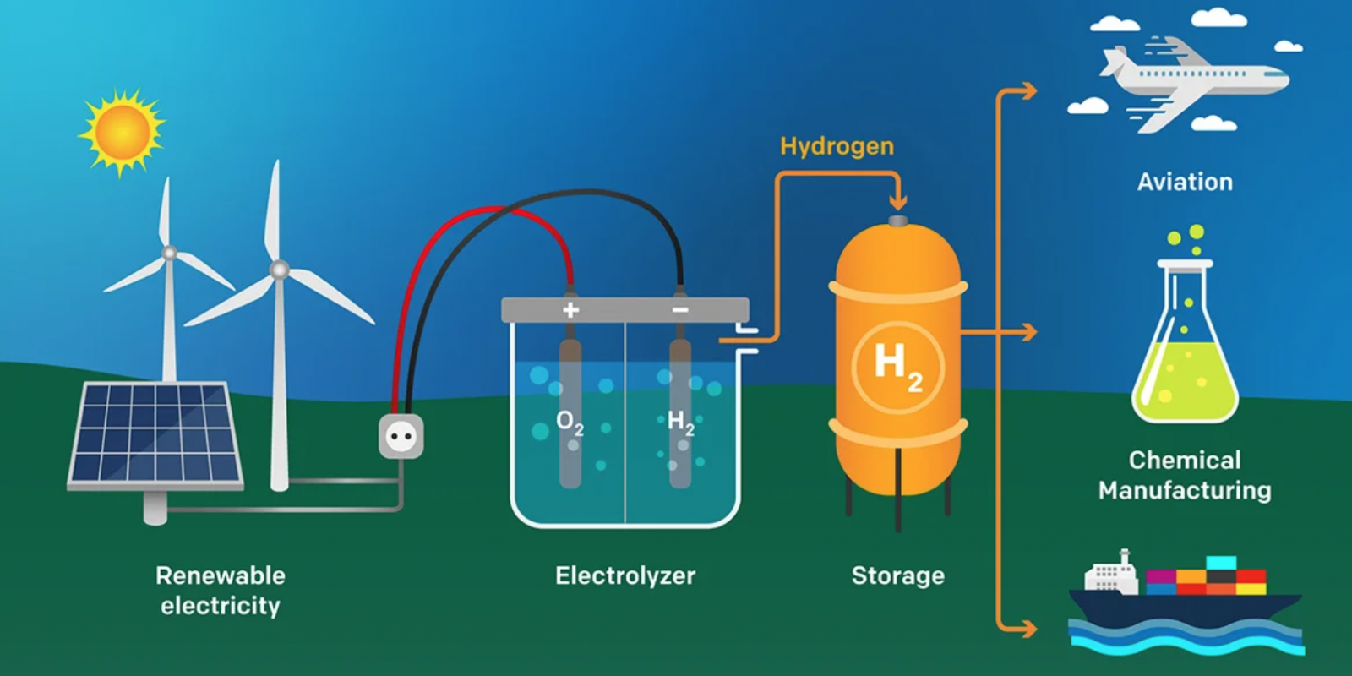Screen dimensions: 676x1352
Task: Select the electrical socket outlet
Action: pos(401,436)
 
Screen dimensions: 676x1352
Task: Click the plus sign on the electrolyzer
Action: pos(571,310)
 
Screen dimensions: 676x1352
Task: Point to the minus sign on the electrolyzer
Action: pos(680,310)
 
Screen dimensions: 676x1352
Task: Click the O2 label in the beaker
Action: pos(570,422)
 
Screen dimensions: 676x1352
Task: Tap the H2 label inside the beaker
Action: pos(680,421)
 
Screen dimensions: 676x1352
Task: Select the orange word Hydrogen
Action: pos(837,146)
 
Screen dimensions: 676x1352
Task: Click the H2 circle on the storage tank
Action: pos(897,367)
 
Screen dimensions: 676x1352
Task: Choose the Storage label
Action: pos(897,575)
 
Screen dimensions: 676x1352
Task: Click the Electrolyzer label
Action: pos(625,575)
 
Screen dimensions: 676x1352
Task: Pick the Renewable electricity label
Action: pos(221,591)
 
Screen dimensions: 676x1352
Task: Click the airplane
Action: pos(1191,80)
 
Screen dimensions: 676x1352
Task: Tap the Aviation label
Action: pos(1185,182)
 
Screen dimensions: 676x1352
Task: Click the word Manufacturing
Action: pos(1185,490)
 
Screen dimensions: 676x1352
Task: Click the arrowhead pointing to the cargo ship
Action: pos(1028,628)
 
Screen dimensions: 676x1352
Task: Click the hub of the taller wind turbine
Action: pos(279,270)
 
